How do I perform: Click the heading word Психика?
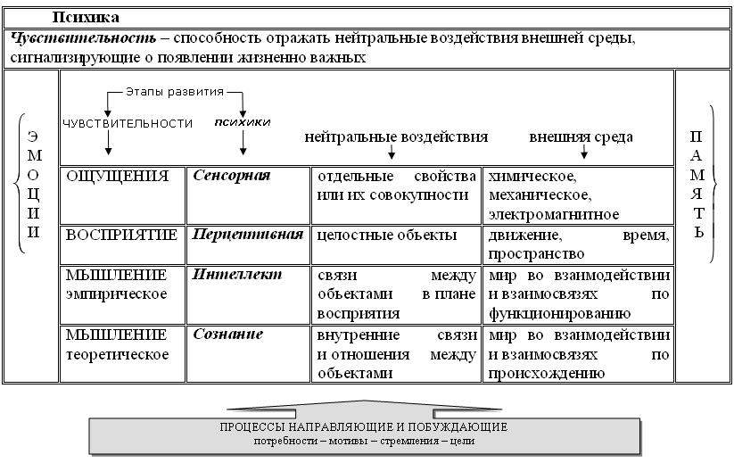[86, 18]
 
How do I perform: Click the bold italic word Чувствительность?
[83, 38]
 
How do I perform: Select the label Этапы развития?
[175, 92]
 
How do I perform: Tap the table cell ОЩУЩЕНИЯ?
[117, 177]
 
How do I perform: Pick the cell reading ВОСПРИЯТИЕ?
[121, 235]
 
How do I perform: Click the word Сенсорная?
[232, 176]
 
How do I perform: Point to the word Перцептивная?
[248, 234]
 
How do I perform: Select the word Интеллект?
[237, 275]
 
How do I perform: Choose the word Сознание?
[228, 335]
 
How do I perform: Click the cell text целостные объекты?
[387, 235]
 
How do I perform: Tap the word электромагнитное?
[554, 215]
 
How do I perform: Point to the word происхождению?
[547, 374]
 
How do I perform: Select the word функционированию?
[559, 314]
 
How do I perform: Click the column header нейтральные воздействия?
[396, 137]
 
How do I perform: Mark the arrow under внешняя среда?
[584, 152]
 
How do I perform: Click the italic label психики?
[243, 122]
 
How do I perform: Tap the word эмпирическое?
[116, 294]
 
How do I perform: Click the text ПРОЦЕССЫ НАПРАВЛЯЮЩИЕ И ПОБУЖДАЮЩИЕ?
[364, 427]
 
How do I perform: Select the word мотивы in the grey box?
[349, 441]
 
